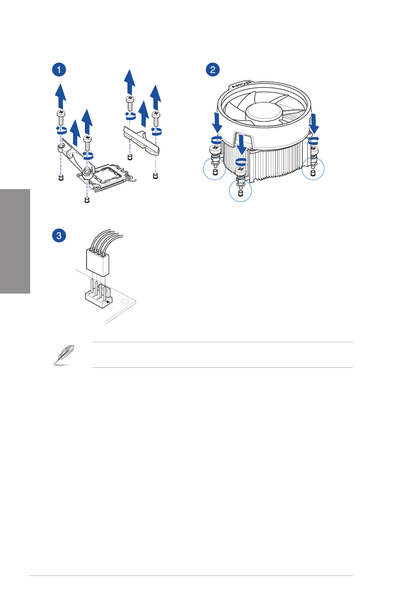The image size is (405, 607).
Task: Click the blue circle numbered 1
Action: tap(59, 70)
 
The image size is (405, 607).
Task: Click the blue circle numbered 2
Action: tap(213, 70)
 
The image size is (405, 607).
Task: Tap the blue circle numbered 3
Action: tap(59, 235)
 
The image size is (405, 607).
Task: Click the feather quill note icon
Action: tap(64, 355)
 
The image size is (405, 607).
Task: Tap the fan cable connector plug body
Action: tap(98, 262)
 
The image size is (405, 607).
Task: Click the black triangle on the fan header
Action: tap(108, 302)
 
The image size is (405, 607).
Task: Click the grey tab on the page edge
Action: tap(15, 241)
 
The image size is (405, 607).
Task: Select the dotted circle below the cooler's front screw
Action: tap(240, 191)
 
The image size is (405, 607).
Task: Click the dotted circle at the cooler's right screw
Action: tap(313, 168)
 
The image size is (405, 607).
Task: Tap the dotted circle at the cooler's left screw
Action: tap(214, 168)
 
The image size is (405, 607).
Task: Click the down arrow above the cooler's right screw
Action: tap(314, 123)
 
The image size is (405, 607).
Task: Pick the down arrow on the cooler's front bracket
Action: tap(241, 145)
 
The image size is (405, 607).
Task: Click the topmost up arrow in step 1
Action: tap(129, 82)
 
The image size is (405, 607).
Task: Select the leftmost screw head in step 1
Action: tap(61, 113)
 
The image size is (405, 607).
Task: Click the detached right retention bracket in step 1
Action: tap(141, 140)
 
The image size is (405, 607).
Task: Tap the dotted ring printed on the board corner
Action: tap(125, 301)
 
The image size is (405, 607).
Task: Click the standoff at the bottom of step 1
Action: tap(87, 200)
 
